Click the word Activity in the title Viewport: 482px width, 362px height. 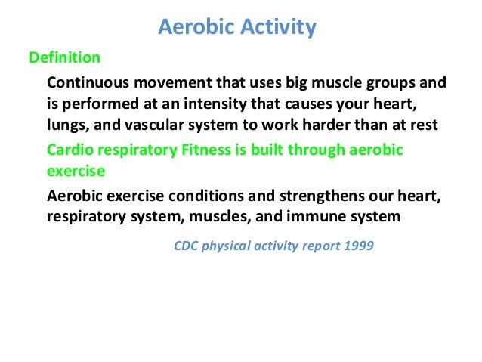(278, 28)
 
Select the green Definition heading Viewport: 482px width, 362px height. (65, 57)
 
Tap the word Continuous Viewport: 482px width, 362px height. (88, 82)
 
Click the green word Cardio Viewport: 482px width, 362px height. (70, 150)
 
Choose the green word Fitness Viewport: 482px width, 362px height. (206, 150)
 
